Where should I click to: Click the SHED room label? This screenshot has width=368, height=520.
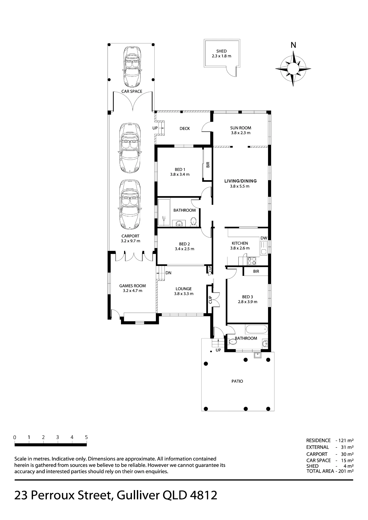[221, 51]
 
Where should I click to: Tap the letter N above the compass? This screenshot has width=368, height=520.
[293, 45]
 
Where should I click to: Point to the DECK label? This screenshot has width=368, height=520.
[185, 128]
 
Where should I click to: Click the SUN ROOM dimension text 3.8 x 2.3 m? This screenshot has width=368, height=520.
[241, 133]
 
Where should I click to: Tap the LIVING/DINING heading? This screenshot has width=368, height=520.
[240, 181]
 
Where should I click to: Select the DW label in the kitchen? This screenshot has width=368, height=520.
[264, 238]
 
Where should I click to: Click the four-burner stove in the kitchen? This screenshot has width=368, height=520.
[251, 261]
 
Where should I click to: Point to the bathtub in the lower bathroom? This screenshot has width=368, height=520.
[256, 329]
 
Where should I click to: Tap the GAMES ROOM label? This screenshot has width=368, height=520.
[132, 286]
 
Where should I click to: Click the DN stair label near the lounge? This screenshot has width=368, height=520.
[168, 273]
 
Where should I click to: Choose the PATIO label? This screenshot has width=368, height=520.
[237, 381]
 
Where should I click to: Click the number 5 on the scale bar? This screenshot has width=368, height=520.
[86, 437]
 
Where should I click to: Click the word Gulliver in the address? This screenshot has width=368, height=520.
[138, 495]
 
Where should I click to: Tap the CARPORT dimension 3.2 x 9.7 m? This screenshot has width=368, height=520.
[130, 241]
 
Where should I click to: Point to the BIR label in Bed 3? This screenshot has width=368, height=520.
[256, 271]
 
